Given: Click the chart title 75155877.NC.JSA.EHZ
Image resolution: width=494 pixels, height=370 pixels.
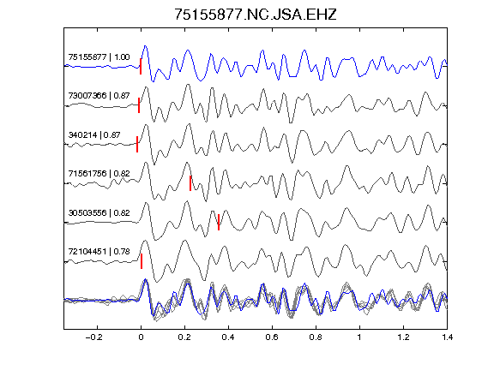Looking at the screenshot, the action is (256, 15).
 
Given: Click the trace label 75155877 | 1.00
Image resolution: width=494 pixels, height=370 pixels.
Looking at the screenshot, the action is (99, 57).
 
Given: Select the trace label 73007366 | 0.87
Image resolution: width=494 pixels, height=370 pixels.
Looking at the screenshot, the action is (99, 96).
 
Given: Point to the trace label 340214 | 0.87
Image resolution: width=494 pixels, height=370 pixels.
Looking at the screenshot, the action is (94, 135).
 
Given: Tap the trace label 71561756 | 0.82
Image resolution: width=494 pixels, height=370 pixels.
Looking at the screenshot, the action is (99, 174).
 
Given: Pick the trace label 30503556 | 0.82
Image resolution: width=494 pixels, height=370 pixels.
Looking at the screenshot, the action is (99, 213).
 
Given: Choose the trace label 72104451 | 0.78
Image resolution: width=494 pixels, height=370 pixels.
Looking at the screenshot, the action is (99, 252).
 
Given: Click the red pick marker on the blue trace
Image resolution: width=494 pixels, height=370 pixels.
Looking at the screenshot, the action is (141, 67).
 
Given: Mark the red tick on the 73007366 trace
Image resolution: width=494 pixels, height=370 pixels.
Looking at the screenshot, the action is (139, 105).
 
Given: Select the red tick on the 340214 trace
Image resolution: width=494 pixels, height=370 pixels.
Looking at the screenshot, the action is (137, 144).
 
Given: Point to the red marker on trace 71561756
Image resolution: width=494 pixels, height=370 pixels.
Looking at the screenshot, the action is (190, 183).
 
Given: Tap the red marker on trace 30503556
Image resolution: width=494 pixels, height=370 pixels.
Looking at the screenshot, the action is (219, 222).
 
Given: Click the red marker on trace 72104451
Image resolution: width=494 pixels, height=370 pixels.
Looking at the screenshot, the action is (142, 261).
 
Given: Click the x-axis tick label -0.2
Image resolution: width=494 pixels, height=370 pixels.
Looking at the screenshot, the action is (94, 337).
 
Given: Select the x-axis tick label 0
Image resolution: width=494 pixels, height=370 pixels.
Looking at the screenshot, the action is (141, 337).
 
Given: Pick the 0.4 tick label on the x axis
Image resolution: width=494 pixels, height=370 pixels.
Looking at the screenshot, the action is (228, 337).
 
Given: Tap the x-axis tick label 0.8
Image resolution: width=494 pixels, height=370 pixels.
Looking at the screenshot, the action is (316, 337).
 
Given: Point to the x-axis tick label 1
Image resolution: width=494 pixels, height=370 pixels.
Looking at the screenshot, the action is (359, 337).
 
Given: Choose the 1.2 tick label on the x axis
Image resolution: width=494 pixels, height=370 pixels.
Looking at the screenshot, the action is (403, 337).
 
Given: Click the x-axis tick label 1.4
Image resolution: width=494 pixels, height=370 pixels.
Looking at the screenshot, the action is (447, 337).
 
